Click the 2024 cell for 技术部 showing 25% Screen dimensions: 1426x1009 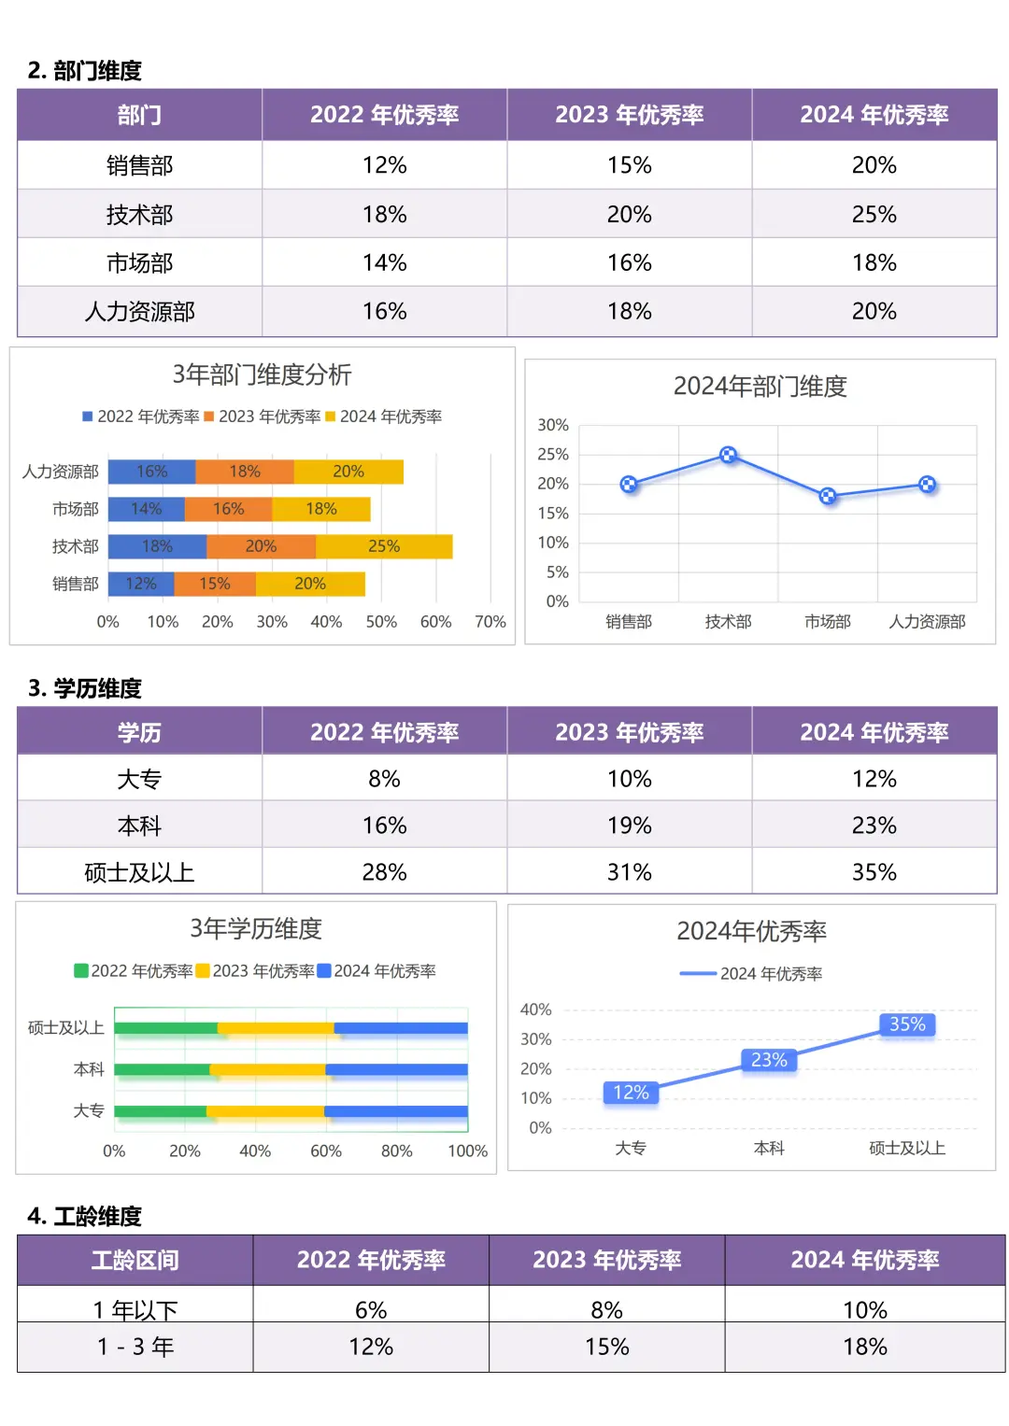[x=874, y=215]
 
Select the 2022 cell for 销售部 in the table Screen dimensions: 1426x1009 [x=384, y=165]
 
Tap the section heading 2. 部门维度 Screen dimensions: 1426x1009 [x=85, y=71]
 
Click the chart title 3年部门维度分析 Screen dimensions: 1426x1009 [x=262, y=374]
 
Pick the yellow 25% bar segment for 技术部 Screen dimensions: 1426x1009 [x=384, y=546]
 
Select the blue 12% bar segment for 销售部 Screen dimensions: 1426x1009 [x=141, y=584]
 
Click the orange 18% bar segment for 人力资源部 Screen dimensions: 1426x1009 [x=245, y=472]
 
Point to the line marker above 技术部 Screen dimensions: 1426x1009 [x=729, y=455]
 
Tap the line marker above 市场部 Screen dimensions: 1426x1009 [x=828, y=496]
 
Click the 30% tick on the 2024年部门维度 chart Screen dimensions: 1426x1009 [x=553, y=425]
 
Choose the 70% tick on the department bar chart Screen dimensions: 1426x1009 [x=490, y=622]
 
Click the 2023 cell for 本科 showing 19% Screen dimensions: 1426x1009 [x=629, y=826]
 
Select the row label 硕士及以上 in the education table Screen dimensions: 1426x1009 [x=139, y=872]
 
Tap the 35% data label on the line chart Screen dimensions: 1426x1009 [x=907, y=1024]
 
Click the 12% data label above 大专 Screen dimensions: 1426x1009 [x=631, y=1093]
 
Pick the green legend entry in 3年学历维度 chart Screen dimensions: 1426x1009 [x=133, y=971]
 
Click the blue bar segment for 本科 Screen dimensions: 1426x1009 [x=396, y=1070]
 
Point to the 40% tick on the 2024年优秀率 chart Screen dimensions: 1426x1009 [x=535, y=1009]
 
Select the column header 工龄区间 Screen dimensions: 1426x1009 [x=135, y=1261]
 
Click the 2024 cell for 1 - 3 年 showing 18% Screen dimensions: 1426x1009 [x=864, y=1348]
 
